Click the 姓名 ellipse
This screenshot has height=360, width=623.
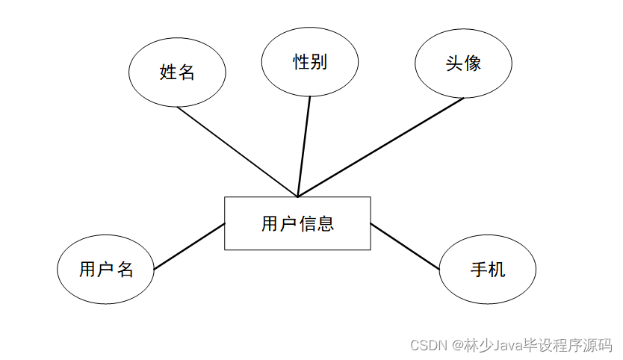click(177, 72)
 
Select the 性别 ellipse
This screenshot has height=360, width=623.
click(310, 62)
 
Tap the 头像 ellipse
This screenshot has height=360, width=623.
click(463, 63)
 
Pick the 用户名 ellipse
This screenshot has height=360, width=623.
click(106, 270)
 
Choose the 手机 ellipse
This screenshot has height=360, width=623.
click(487, 270)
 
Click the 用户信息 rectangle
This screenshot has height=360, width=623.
click(297, 223)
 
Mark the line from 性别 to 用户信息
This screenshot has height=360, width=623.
click(304, 146)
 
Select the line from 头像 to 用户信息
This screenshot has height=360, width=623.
click(381, 147)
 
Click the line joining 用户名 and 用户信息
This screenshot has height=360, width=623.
click(189, 246)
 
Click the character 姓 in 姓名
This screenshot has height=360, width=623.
click(168, 72)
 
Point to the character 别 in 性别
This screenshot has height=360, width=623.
click(319, 62)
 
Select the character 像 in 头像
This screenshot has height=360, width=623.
click(472, 63)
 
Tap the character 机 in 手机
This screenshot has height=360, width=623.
click(497, 270)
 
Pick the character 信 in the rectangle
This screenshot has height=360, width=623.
click(307, 223)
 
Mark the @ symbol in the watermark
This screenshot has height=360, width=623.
click(453, 346)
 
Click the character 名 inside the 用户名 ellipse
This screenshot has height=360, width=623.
click(125, 270)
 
